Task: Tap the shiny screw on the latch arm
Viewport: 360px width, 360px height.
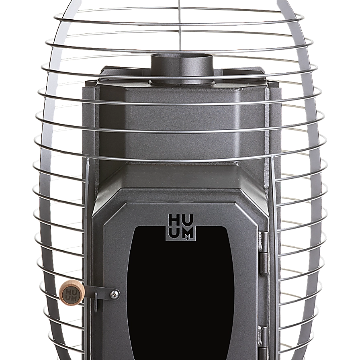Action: [x=115, y=294]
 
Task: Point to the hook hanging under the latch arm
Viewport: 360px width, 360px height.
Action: [x=96, y=303]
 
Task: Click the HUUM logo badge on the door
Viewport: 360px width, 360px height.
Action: [x=181, y=227]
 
